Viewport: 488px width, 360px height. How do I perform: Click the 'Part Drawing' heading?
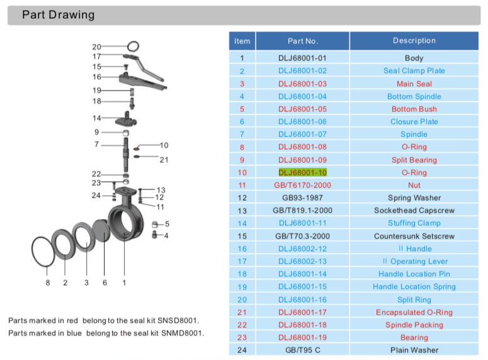58,15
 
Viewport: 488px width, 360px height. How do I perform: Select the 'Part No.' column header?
302,41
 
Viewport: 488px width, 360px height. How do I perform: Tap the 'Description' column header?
414,41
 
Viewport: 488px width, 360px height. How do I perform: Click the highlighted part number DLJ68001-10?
302,172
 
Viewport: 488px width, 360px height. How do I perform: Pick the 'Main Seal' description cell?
414,84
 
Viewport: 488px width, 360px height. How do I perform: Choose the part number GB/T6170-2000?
302,185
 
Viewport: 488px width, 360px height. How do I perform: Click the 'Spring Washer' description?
414,198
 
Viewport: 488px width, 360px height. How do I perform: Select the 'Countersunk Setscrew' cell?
414,236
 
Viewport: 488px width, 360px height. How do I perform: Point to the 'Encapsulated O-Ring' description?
414,312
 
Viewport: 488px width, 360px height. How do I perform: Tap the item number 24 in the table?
242,350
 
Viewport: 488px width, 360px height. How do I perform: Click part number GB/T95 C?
302,350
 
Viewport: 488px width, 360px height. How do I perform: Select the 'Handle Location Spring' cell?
414,287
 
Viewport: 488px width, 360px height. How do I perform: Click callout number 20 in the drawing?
96,47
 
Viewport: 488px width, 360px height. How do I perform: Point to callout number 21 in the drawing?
164,160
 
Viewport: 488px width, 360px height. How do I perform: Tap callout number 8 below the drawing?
47,283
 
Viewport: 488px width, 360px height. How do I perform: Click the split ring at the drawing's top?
133,46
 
